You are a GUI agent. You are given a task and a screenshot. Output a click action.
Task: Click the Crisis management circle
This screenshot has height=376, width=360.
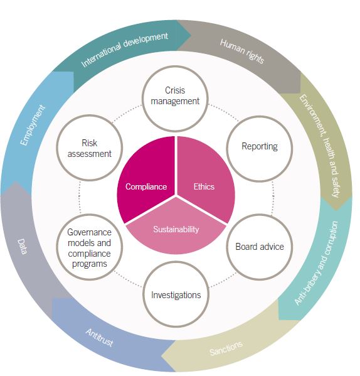(x=175, y=99)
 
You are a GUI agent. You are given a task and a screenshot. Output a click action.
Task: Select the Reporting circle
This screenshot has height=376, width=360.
(x=260, y=149)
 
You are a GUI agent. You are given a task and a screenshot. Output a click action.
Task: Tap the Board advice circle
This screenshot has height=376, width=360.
(x=260, y=247)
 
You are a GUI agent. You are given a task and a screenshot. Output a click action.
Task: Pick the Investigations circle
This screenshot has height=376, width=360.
(x=176, y=294)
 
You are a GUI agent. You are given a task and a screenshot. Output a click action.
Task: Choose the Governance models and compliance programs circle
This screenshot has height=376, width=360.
(x=90, y=247)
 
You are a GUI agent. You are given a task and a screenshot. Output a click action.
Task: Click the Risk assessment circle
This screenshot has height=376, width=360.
(x=90, y=148)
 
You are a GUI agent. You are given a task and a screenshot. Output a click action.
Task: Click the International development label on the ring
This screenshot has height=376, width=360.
(x=125, y=49)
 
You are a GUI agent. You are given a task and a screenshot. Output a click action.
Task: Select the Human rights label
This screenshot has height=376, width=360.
(x=242, y=51)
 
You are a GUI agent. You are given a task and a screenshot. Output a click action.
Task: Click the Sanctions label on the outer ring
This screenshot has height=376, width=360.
(x=226, y=348)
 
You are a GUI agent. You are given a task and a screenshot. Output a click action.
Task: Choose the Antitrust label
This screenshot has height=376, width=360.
(x=99, y=337)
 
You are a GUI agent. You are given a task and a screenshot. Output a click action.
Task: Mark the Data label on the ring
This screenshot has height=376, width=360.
(x=23, y=246)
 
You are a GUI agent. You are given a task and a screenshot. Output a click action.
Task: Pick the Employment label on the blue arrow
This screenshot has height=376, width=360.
(x=33, y=125)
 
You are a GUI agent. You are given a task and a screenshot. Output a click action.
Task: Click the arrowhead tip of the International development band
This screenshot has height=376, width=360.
(x=191, y=36)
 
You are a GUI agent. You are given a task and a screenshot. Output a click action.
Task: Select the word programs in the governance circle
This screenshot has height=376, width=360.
(x=90, y=264)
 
